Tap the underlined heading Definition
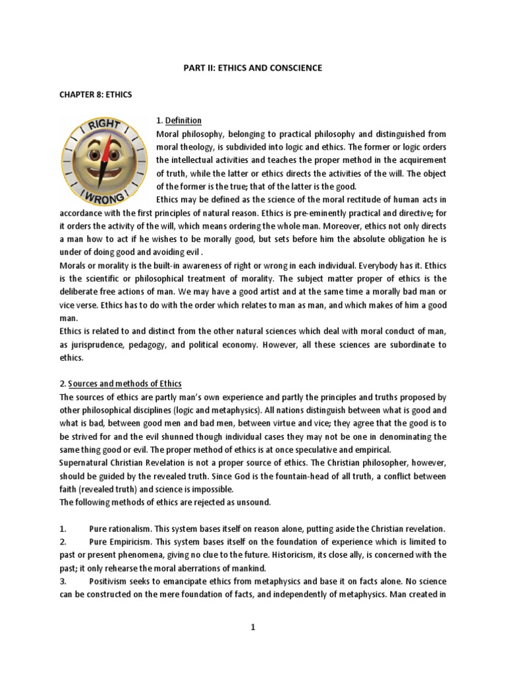(183, 120)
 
